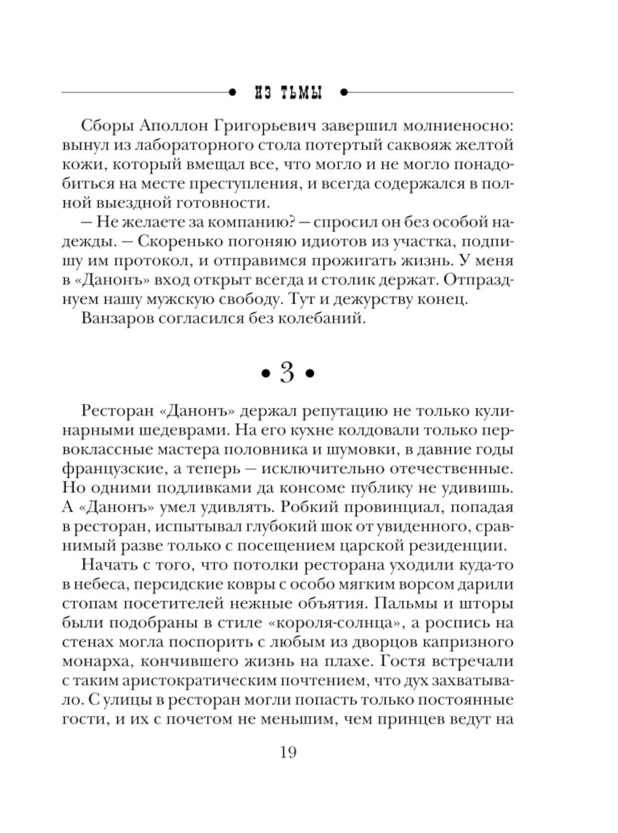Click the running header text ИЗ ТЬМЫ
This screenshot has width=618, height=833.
click(289, 93)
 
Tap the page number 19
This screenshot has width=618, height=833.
click(288, 753)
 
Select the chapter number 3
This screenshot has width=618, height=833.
click(287, 373)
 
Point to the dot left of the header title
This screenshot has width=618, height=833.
click(232, 93)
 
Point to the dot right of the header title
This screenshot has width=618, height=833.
click(344, 93)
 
